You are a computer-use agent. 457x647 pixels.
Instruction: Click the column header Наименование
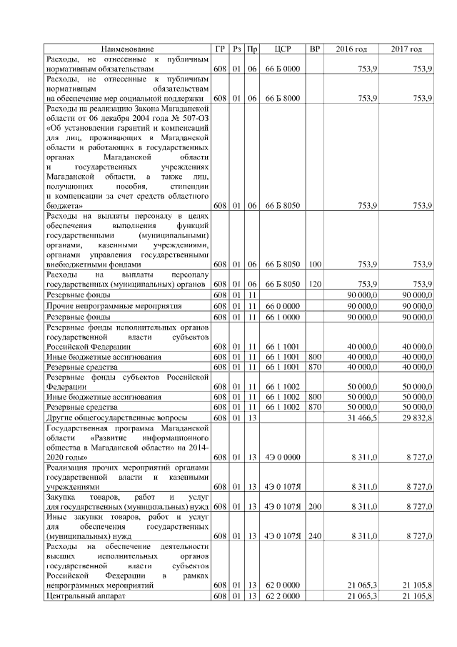(x=127, y=49)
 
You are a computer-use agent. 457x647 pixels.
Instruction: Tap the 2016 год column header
(x=351, y=49)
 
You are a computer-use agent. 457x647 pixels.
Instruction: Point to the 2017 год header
(x=406, y=49)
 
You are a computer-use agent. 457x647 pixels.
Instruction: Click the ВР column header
(x=315, y=49)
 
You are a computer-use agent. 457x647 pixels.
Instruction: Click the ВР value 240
(x=315, y=535)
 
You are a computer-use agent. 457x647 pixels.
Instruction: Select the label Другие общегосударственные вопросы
(x=116, y=417)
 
